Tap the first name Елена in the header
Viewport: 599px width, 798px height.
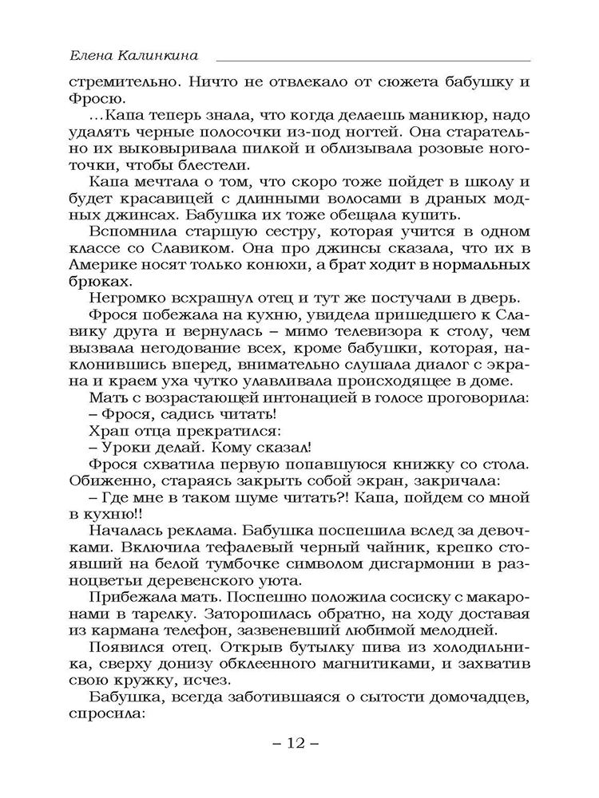(x=92, y=57)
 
